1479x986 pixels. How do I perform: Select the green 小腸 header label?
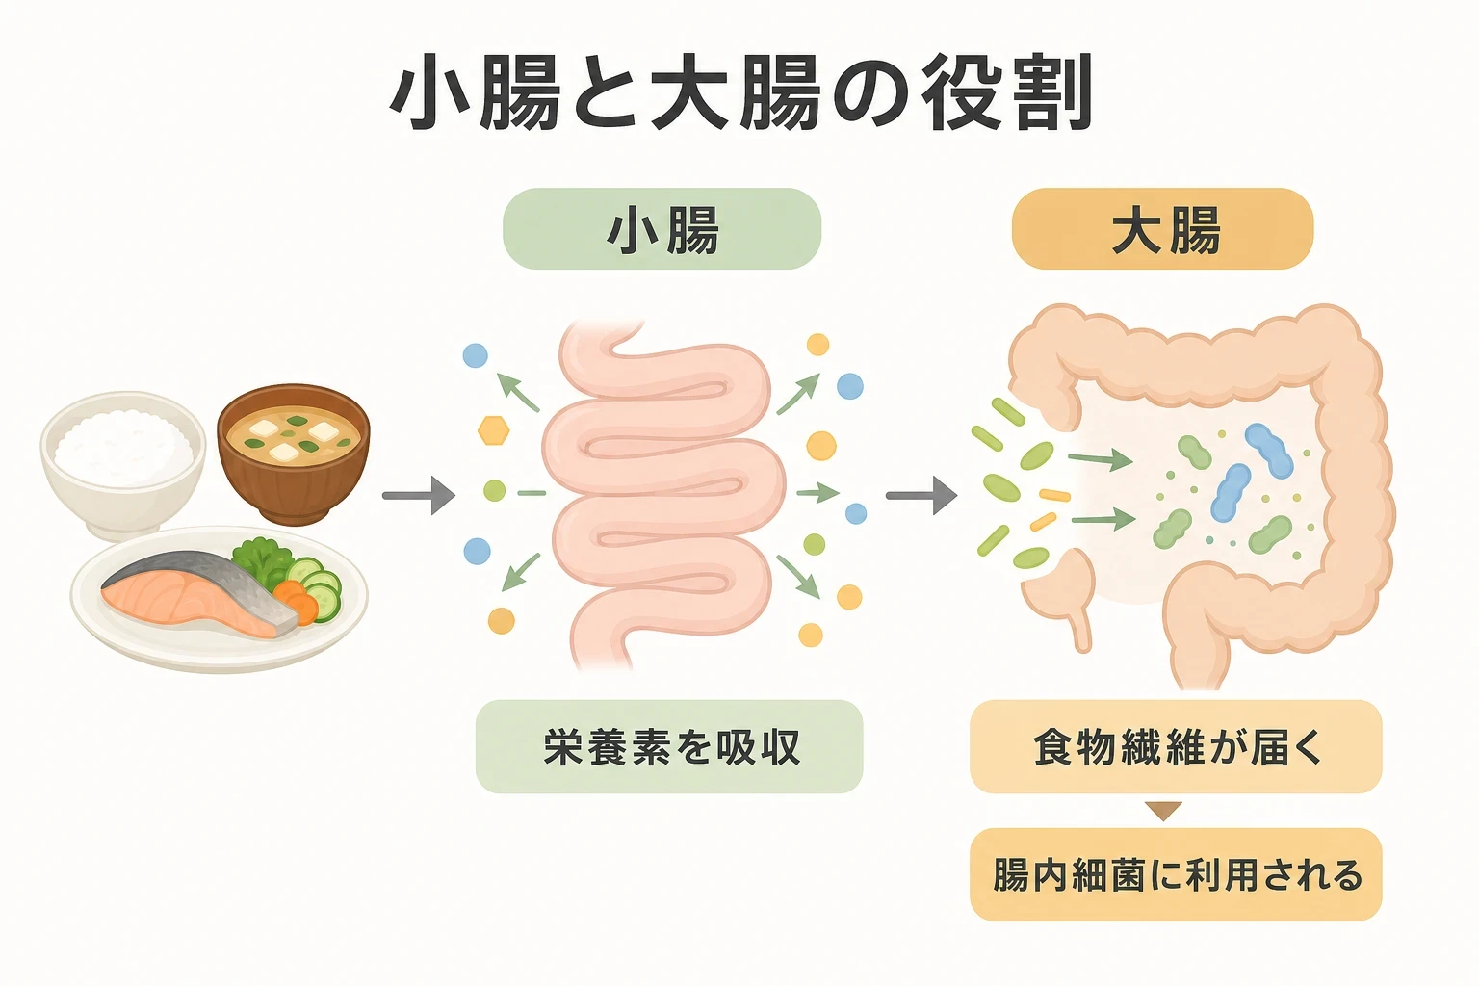[x=662, y=228]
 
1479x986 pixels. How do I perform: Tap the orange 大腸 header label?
[x=1163, y=228]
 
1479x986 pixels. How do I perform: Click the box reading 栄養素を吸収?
[x=669, y=746]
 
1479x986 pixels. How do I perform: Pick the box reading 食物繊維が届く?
[x=1176, y=746]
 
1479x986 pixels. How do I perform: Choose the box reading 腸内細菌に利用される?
[x=1176, y=874]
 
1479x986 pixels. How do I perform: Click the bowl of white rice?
[x=123, y=462]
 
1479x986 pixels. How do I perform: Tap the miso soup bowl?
[x=294, y=454]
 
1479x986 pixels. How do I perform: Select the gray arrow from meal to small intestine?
[x=419, y=495]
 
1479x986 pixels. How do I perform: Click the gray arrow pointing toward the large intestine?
[x=921, y=495]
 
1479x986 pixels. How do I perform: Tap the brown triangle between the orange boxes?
[x=1163, y=811]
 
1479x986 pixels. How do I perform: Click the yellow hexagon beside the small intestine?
[x=494, y=430]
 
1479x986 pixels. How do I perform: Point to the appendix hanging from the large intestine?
[x=1080, y=631]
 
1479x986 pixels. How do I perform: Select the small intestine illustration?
[x=662, y=495]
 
